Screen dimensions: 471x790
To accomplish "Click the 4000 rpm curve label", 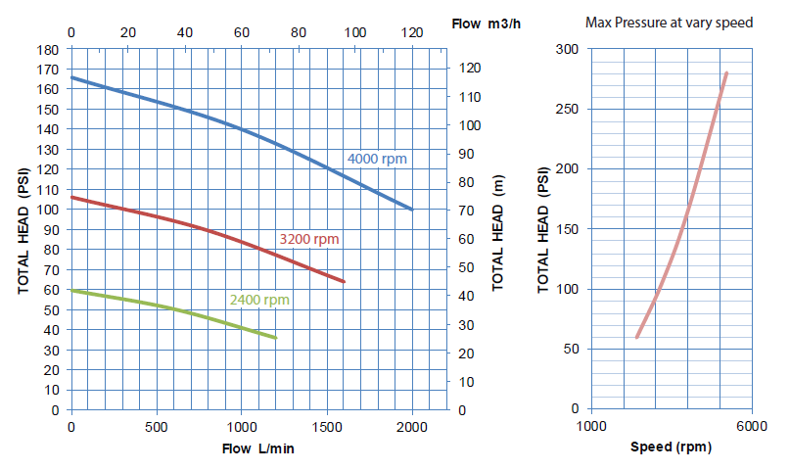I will pyautogui.click(x=377, y=160).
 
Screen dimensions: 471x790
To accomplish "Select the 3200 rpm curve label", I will pyautogui.click(x=309, y=239).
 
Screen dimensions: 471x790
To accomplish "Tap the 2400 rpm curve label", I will pyautogui.click(x=259, y=300).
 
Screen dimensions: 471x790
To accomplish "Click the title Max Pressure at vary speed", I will pyautogui.click(x=669, y=22).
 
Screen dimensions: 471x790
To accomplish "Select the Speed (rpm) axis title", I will pyautogui.click(x=671, y=447).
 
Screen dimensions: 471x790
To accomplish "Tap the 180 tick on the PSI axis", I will pyautogui.click(x=49, y=49).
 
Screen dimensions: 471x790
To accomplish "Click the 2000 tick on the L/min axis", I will pyautogui.click(x=412, y=428).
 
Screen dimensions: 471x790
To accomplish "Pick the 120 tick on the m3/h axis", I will pyautogui.click(x=412, y=32).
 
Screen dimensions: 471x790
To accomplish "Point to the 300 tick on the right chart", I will pyautogui.click(x=568, y=49).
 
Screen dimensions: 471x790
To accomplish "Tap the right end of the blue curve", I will pyautogui.click(x=412, y=209).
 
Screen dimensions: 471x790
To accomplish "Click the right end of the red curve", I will pyautogui.click(x=345, y=282).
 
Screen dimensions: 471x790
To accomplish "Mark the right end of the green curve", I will pyautogui.click(x=276, y=338).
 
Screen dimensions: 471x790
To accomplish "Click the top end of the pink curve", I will pyautogui.click(x=726, y=73).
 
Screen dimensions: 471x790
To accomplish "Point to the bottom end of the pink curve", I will pyautogui.click(x=637, y=337).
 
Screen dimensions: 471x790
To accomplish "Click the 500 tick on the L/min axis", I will pyautogui.click(x=157, y=428).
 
